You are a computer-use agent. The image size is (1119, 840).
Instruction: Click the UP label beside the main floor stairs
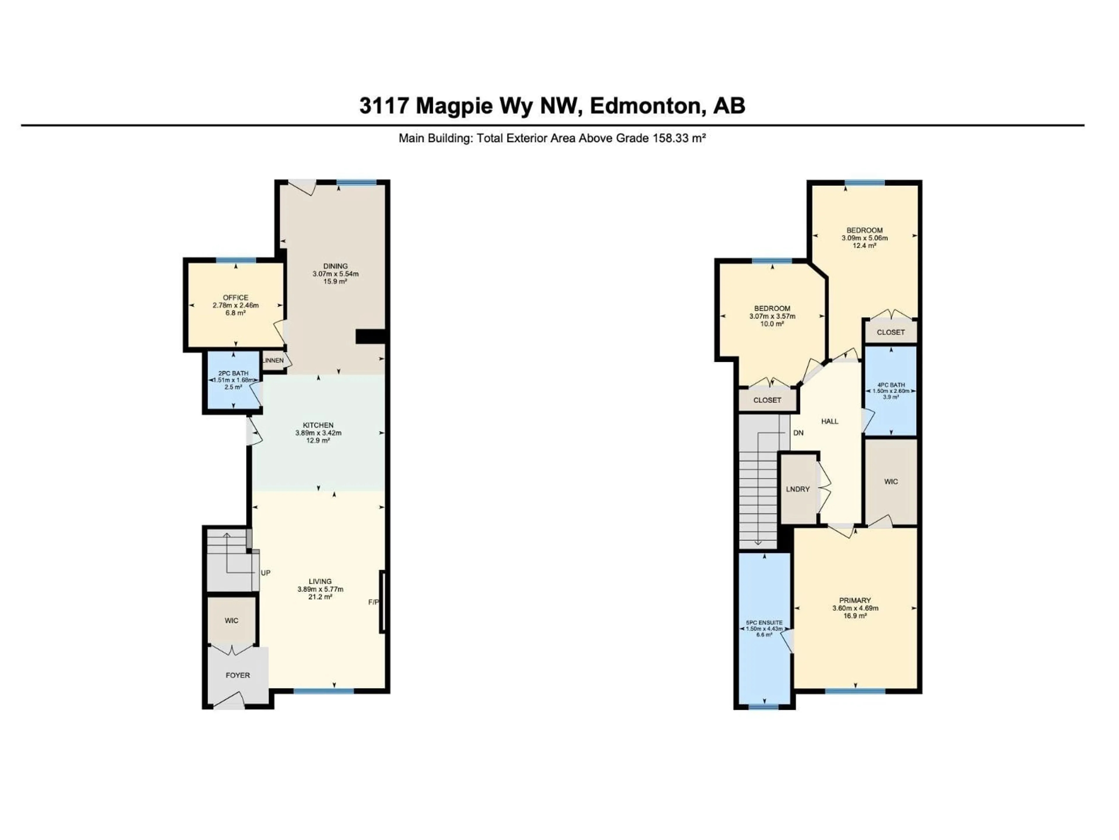pos(265,573)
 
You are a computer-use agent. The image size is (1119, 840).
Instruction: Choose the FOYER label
pos(237,675)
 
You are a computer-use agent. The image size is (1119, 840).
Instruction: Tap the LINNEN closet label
pos(273,360)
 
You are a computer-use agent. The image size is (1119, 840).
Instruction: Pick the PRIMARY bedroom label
pos(855,600)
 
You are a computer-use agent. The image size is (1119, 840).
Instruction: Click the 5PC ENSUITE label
pos(764,623)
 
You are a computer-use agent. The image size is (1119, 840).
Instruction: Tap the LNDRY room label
pos(798,489)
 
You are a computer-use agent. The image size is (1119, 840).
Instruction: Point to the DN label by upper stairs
pos(798,433)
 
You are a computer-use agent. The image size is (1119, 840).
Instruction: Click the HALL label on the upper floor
pos(830,421)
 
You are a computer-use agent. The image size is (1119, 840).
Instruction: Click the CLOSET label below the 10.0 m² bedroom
pos(767,400)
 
